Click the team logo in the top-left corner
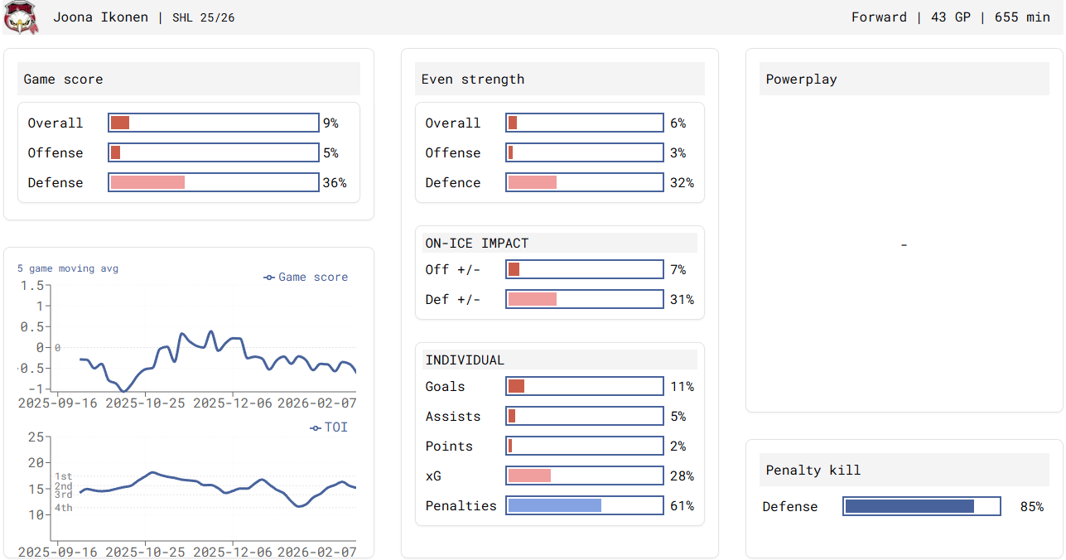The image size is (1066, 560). pyautogui.click(x=22, y=17)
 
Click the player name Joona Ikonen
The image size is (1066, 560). pyautogui.click(x=101, y=17)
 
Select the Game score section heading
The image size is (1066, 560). pyautogui.click(x=64, y=80)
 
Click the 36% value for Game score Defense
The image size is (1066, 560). pyautogui.click(x=335, y=183)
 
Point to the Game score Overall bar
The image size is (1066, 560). pyautogui.click(x=214, y=123)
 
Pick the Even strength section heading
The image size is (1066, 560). pyautogui.click(x=473, y=80)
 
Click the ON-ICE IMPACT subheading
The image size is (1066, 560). pyautogui.click(x=477, y=244)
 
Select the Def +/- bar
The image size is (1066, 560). pyautogui.click(x=585, y=300)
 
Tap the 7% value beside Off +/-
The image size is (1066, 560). pyautogui.click(x=678, y=270)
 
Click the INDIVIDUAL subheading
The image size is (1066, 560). pyautogui.click(x=465, y=360)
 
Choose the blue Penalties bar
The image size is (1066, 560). pyautogui.click(x=555, y=506)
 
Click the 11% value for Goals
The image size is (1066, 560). pyautogui.click(x=682, y=387)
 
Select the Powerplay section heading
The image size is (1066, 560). pyautogui.click(x=802, y=80)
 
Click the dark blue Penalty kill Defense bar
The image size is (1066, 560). pyautogui.click(x=909, y=507)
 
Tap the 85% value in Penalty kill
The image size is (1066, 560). pyautogui.click(x=1032, y=507)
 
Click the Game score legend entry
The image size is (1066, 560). pyautogui.click(x=306, y=278)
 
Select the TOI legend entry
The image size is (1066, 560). pyautogui.click(x=330, y=427)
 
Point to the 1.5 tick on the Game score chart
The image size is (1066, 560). pyautogui.click(x=32, y=286)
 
